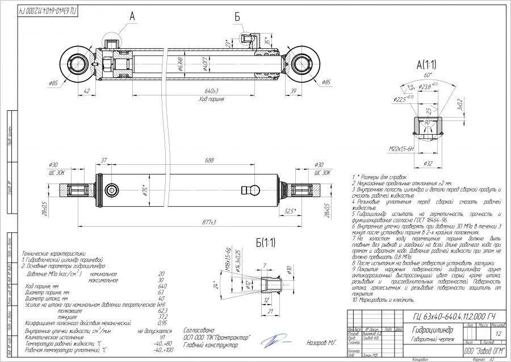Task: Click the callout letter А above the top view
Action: click(132, 17)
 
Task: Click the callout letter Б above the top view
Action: click(238, 17)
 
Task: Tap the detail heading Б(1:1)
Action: click(265, 243)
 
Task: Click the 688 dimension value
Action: click(210, 161)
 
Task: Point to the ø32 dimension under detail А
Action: click(429, 164)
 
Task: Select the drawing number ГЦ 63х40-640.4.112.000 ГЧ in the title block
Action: click(452, 316)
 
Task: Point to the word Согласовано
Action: click(200, 329)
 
